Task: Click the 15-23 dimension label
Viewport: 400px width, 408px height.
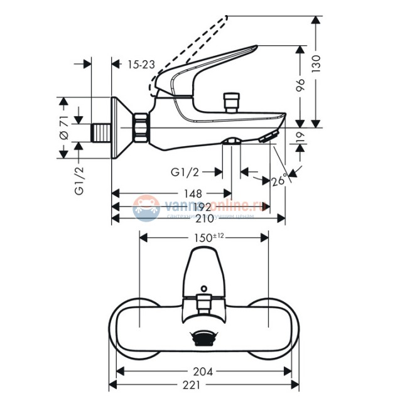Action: pos(141,64)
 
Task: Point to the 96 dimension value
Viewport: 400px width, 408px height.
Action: pos(301,84)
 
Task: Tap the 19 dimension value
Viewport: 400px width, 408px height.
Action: pos(300,136)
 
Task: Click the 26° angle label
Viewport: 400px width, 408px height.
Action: pos(279,181)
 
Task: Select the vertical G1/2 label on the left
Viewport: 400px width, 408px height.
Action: pos(79,180)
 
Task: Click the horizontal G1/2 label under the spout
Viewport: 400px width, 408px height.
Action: pos(186,171)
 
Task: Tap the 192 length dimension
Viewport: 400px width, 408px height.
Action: pos(201,206)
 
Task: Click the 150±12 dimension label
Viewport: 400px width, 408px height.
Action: pos(203,237)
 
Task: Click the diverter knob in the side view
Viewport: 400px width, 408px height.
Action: pos(230,101)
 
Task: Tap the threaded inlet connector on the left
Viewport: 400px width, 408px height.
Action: pos(100,131)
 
